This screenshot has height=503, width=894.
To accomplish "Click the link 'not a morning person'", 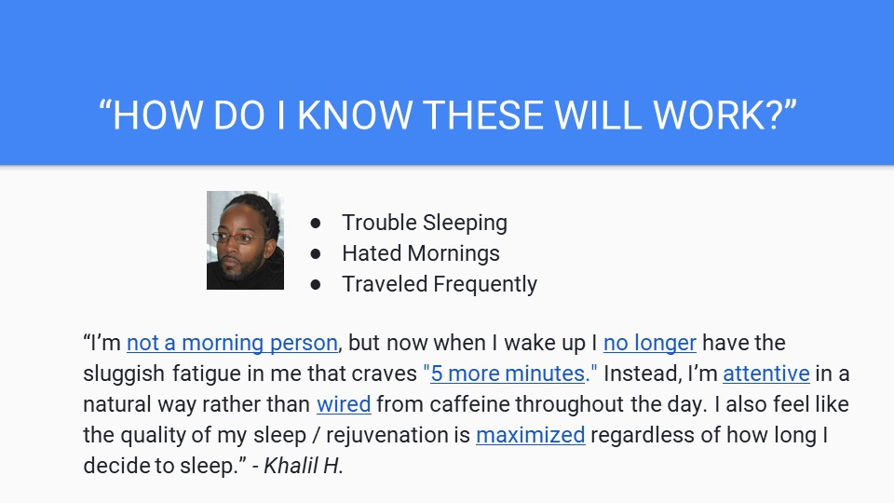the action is (x=232, y=343).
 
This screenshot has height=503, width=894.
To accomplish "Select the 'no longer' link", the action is (x=650, y=343).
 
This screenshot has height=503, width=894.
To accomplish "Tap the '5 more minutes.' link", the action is (x=510, y=374).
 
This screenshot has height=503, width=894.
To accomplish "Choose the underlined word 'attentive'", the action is (x=766, y=374).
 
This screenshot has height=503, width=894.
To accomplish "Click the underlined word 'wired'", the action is (x=344, y=404).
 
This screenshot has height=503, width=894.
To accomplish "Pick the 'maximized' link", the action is (x=531, y=435).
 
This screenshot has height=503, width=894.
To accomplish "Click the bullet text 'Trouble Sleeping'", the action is (x=425, y=223).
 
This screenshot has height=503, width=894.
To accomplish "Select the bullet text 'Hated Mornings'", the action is (x=421, y=253).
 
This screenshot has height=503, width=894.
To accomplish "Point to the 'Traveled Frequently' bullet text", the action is (x=440, y=284).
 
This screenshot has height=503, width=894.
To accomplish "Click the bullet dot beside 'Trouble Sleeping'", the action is (x=316, y=223).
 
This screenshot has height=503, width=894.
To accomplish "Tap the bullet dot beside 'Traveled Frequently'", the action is (x=316, y=285).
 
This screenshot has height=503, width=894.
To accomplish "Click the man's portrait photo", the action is (x=245, y=240).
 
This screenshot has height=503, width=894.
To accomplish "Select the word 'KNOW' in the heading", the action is (x=355, y=115).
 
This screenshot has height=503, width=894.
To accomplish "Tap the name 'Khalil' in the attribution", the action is (x=291, y=466).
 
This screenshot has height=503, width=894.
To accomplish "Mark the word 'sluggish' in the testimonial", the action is (x=124, y=374).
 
